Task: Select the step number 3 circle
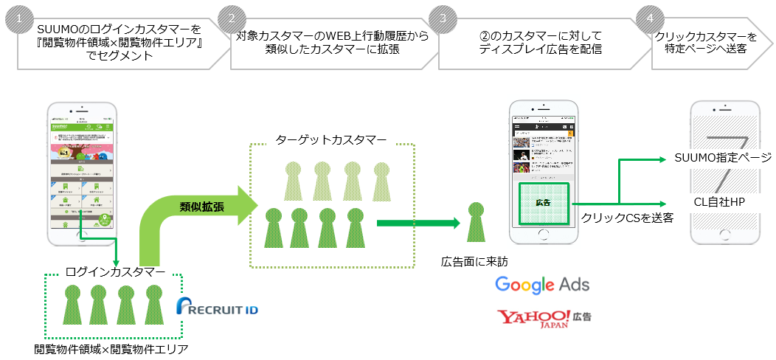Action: (443, 18)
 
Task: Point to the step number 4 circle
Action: (649, 18)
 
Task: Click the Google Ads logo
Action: (542, 284)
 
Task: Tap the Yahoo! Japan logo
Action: (544, 318)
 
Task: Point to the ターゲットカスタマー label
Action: (331, 140)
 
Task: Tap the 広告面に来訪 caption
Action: (474, 262)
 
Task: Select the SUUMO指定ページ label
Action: (722, 158)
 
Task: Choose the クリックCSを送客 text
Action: (627, 217)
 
